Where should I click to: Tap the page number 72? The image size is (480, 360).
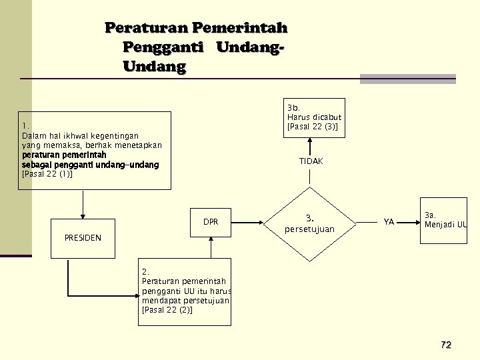tap(446, 345)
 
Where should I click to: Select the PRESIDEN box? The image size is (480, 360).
tap(83, 237)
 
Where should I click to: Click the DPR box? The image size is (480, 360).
tap(211, 222)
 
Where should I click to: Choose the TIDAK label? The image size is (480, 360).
tap(311, 161)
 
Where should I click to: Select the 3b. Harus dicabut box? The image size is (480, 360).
tap(314, 117)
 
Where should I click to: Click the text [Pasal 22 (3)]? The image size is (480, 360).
tap(313, 127)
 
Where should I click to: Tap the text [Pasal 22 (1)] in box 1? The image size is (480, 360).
tap(47, 174)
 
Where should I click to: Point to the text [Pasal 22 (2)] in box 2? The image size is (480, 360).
tap(167, 310)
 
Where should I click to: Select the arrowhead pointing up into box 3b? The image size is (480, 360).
tap(310, 141)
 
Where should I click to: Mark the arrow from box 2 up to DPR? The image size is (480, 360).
tap(211, 247)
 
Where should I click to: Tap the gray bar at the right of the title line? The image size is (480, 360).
tap(407, 79)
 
